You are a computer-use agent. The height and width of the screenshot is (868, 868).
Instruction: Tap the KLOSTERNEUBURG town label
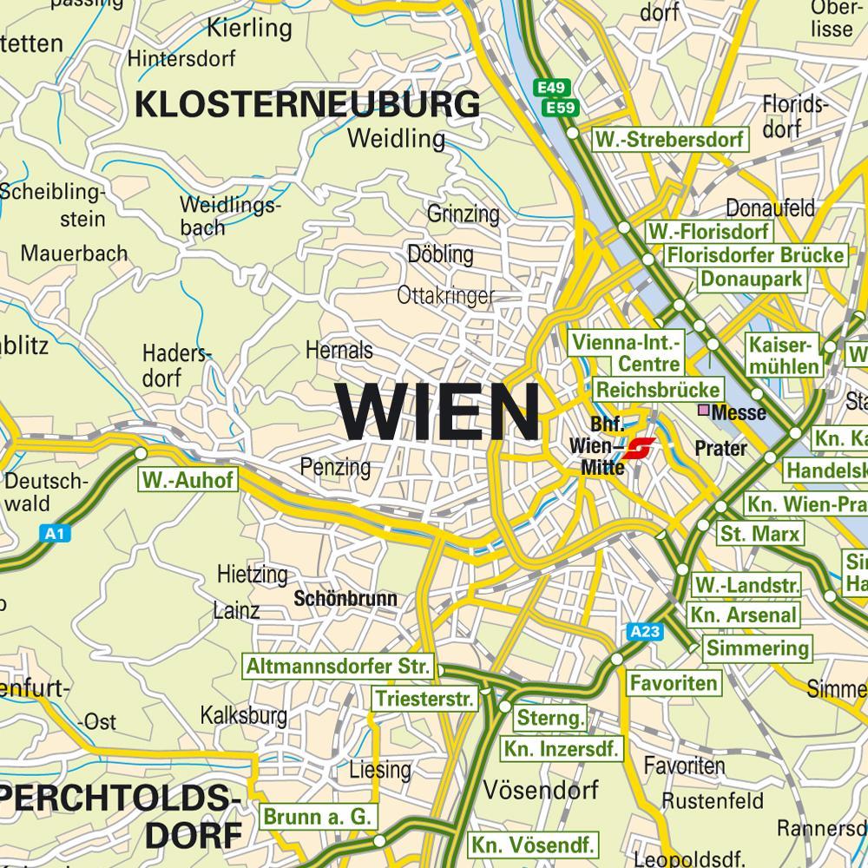coord(308,104)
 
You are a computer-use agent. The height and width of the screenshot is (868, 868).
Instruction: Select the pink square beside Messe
coord(704,411)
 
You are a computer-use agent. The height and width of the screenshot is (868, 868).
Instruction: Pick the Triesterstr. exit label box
coord(425,699)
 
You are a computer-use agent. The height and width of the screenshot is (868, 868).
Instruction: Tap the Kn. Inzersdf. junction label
coord(562,748)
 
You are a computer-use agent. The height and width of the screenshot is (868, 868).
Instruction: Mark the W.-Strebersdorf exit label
coord(669,140)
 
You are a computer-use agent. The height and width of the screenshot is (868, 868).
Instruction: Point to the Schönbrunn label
coord(345,599)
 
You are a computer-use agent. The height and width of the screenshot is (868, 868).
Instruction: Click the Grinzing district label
coord(464,213)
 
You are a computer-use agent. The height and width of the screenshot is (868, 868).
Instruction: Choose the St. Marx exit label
coord(759,532)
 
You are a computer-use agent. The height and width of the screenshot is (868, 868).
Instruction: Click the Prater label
coord(720,448)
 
